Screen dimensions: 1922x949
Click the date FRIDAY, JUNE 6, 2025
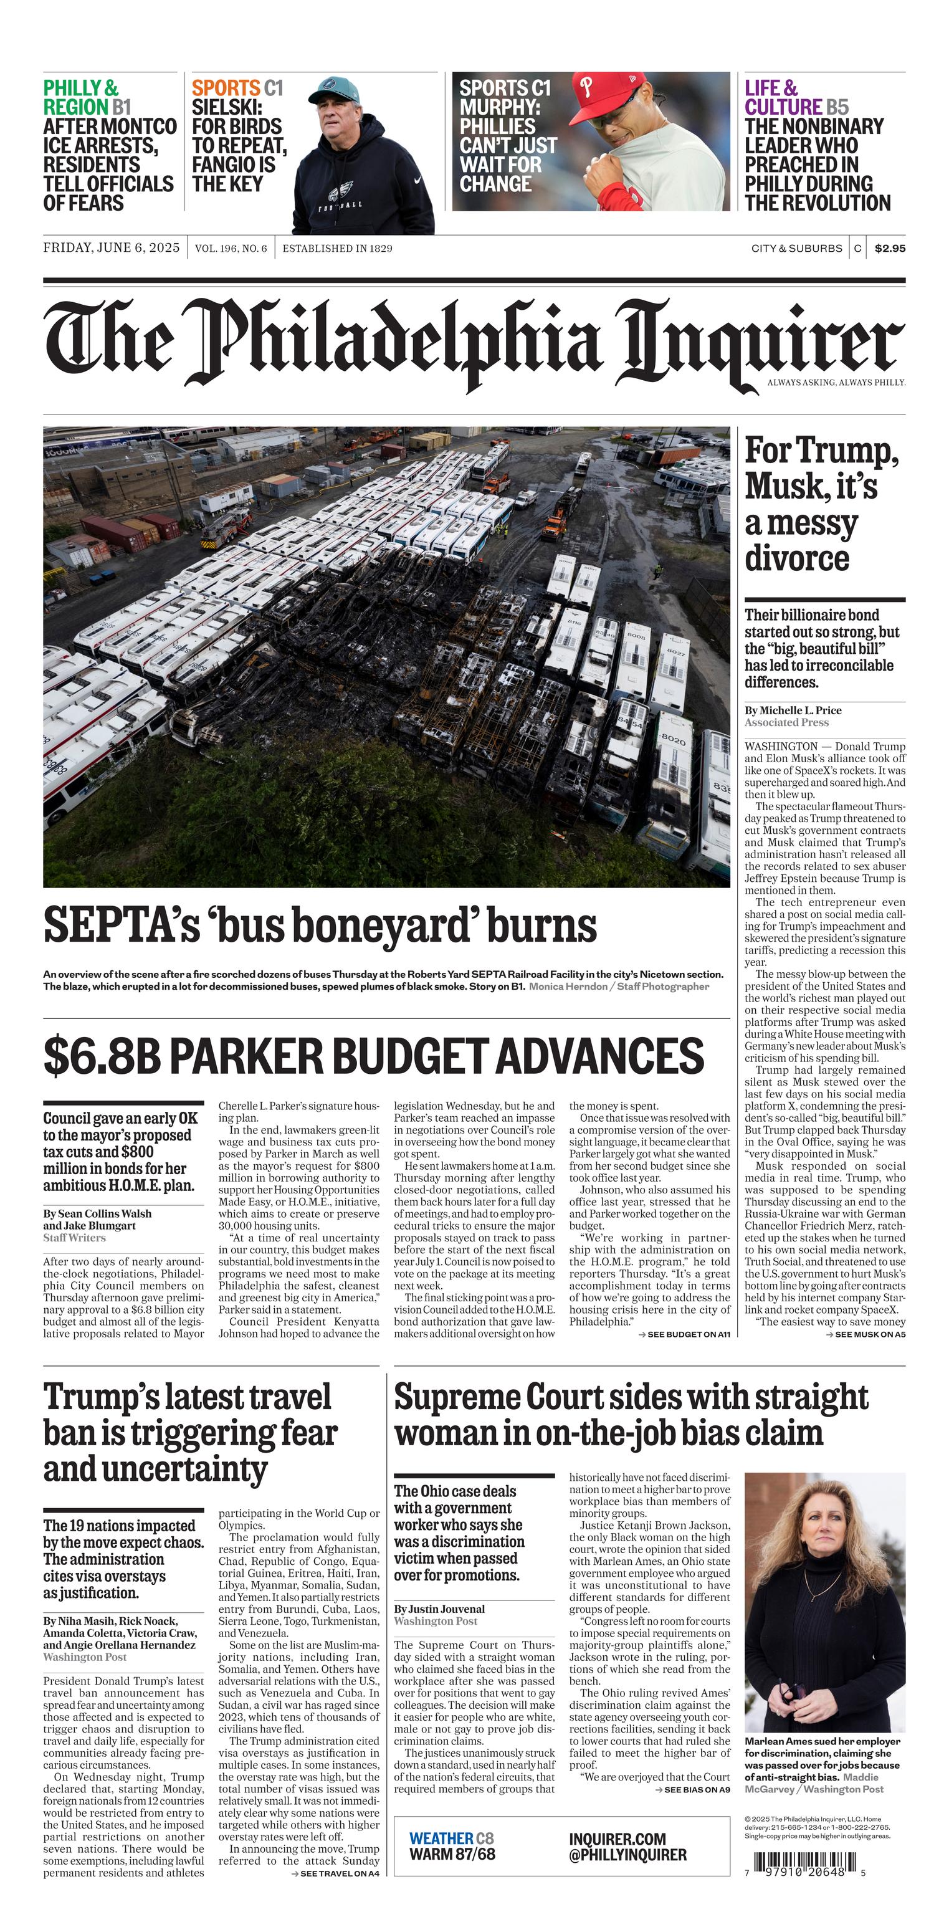coord(111,247)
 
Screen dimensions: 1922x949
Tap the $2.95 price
coord(889,249)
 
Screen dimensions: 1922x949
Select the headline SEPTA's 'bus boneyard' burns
coord(319,925)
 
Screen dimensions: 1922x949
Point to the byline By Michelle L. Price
coord(793,710)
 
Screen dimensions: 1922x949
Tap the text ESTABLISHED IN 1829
coord(336,249)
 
